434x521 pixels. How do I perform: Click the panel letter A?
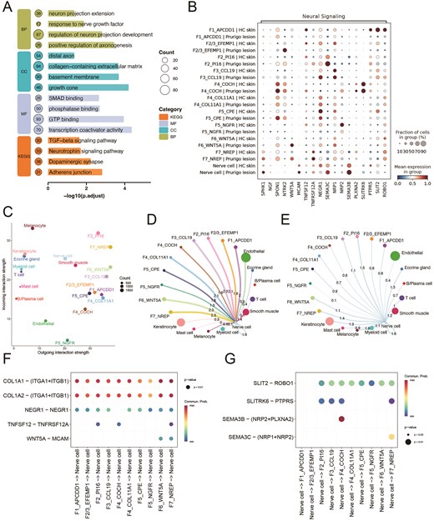(8, 7)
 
